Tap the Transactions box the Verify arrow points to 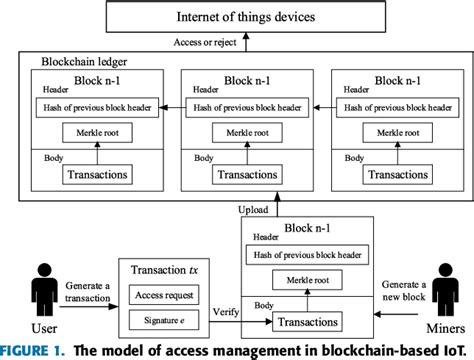[300, 323]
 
